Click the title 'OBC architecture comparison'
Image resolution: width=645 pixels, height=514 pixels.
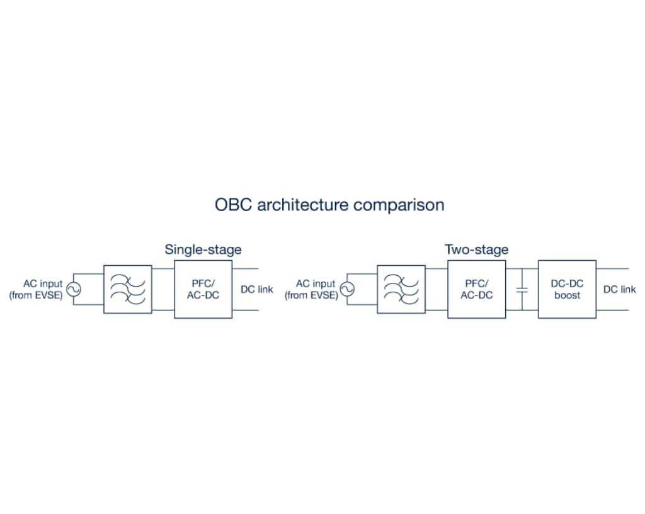(329, 205)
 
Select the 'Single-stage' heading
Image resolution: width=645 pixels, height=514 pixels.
(203, 249)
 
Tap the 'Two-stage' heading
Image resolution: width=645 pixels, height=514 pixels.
(477, 249)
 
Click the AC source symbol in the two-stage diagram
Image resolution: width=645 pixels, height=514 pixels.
(346, 289)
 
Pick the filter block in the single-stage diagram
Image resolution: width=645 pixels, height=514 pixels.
(127, 289)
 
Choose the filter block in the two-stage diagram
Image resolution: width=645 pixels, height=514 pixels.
(401, 289)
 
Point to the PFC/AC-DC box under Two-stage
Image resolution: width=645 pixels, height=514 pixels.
(476, 289)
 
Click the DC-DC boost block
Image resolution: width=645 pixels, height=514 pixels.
(567, 289)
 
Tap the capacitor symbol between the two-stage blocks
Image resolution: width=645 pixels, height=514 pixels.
(522, 289)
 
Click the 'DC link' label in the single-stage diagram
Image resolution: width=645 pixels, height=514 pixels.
(257, 290)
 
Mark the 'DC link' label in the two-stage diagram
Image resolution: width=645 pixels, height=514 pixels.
(619, 290)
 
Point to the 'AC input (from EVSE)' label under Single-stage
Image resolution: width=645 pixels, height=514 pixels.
(37, 290)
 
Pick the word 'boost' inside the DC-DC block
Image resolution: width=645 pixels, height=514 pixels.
(567, 295)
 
